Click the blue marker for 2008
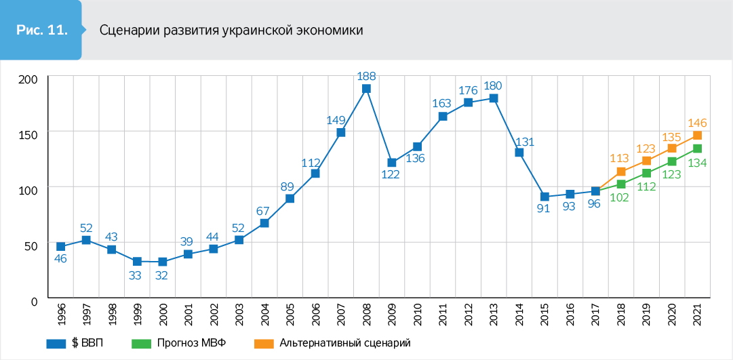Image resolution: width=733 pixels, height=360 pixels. [366, 89]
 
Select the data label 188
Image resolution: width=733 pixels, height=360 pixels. [366, 76]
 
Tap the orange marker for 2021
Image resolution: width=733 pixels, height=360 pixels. [697, 136]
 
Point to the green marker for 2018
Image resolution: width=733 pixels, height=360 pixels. [620, 184]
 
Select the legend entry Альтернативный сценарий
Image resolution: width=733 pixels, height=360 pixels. [344, 342]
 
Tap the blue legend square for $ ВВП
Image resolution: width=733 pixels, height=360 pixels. [55, 342]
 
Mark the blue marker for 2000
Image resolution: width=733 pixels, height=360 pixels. [163, 262]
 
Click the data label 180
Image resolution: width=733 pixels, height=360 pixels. [493, 85]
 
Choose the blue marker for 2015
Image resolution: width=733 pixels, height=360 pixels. [544, 197]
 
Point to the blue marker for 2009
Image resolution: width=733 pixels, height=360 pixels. [392, 163]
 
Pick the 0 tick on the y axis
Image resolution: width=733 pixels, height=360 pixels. [34, 299]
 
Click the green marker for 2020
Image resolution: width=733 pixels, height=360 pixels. [672, 161]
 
